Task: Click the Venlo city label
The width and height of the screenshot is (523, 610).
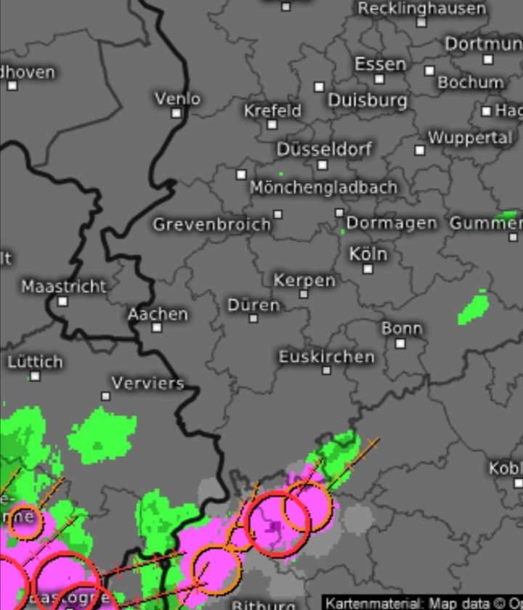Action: [x=177, y=98]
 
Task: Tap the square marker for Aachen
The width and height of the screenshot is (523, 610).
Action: [x=157, y=328]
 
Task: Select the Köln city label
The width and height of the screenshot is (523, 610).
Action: [x=368, y=254]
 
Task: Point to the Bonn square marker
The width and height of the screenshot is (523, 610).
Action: [x=400, y=343]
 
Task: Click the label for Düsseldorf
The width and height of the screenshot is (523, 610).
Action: [x=324, y=150]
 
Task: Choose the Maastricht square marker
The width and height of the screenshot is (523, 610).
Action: [x=63, y=301]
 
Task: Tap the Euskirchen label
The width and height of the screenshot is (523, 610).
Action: [x=327, y=357]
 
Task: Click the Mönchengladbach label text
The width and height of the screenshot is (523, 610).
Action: [x=324, y=187]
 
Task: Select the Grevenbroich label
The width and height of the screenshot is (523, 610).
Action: [x=211, y=225]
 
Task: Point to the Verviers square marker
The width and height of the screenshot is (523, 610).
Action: [x=106, y=396]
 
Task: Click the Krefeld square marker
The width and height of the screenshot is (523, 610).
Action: [x=272, y=125]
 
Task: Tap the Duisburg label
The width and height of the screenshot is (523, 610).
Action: [x=367, y=99]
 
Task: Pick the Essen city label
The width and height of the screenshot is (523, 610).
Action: [x=380, y=64]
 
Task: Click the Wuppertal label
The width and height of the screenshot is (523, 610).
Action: [x=469, y=137]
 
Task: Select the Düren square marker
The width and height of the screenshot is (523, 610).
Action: [x=254, y=318]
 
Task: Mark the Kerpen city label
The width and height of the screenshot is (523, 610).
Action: [x=304, y=280]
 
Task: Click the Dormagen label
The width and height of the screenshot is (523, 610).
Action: [x=392, y=223]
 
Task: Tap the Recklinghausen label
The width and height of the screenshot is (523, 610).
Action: [x=422, y=9]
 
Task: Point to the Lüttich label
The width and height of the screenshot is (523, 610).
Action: [x=35, y=362]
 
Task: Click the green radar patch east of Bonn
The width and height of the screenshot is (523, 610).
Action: [x=473, y=307]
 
